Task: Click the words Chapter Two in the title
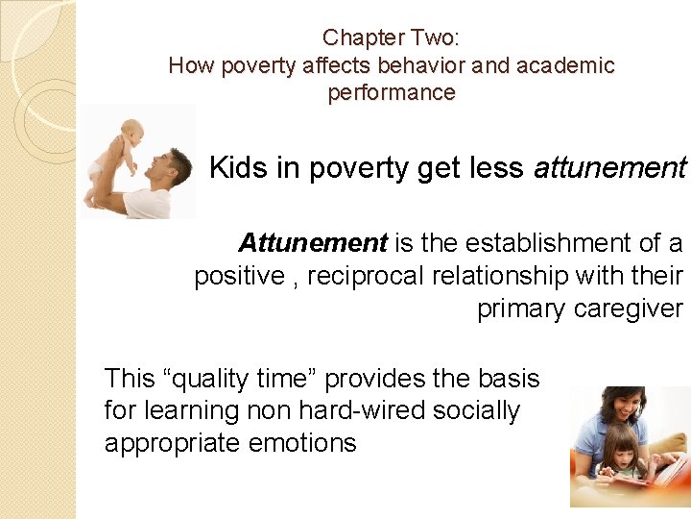coord(390,38)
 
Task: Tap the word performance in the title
coord(391,93)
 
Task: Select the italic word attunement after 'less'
coord(609,169)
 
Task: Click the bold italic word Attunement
coord(313,242)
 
